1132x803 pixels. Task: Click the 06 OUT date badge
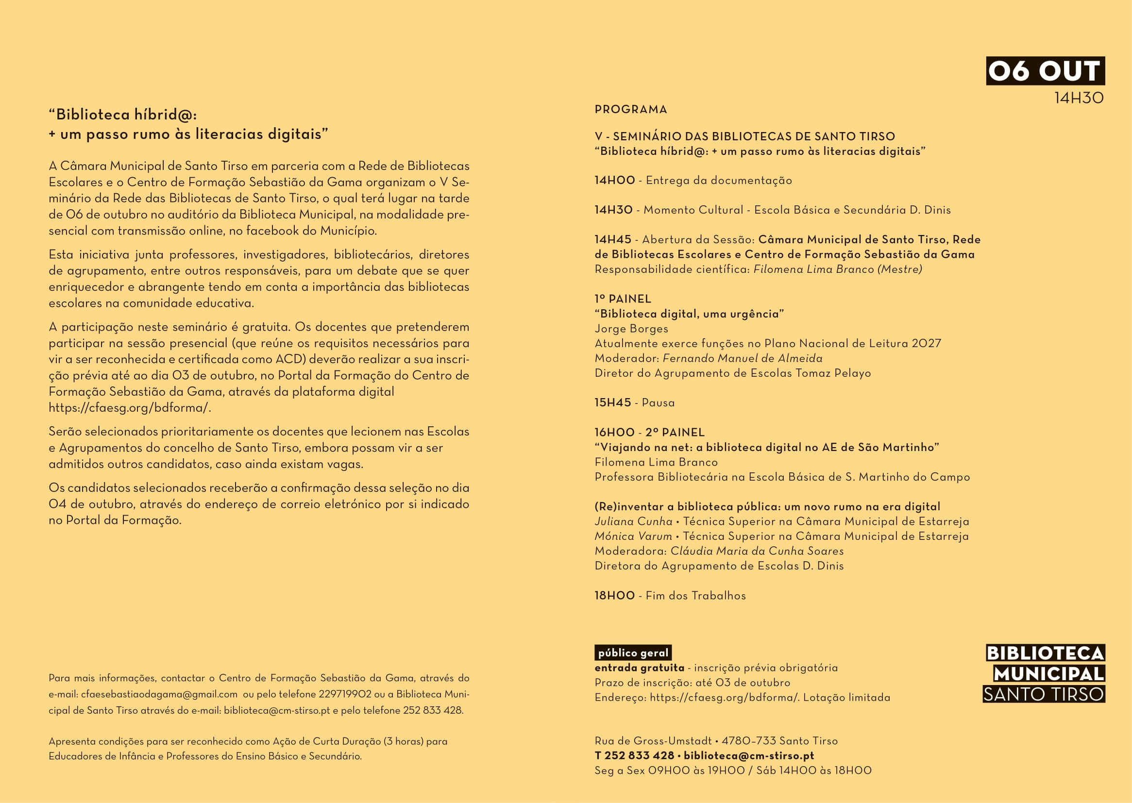pyautogui.click(x=1045, y=71)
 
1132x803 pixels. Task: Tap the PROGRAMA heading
pyautogui.click(x=630, y=109)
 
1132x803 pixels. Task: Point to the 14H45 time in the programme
pyautogui.click(x=613, y=239)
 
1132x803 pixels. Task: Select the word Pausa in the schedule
pyautogui.click(x=658, y=403)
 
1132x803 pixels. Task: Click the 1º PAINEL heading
pyautogui.click(x=623, y=299)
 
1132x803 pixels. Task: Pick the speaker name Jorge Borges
pyautogui.click(x=631, y=329)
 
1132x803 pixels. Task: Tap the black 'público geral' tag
pyautogui.click(x=632, y=653)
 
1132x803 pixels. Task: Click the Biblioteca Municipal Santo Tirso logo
pyautogui.click(x=1044, y=673)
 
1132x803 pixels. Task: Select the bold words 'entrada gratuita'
pyautogui.click(x=639, y=668)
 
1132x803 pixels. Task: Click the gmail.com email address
pyautogui.click(x=159, y=694)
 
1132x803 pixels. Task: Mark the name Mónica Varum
pyautogui.click(x=633, y=536)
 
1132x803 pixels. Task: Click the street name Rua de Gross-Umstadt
pyautogui.click(x=653, y=741)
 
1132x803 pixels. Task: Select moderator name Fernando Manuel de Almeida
pyautogui.click(x=743, y=358)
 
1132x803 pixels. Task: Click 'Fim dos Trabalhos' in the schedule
pyautogui.click(x=695, y=596)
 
